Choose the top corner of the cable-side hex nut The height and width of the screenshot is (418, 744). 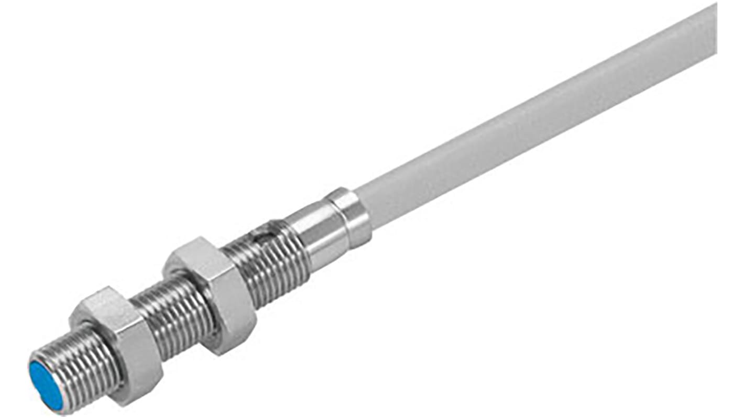click(x=202, y=239)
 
